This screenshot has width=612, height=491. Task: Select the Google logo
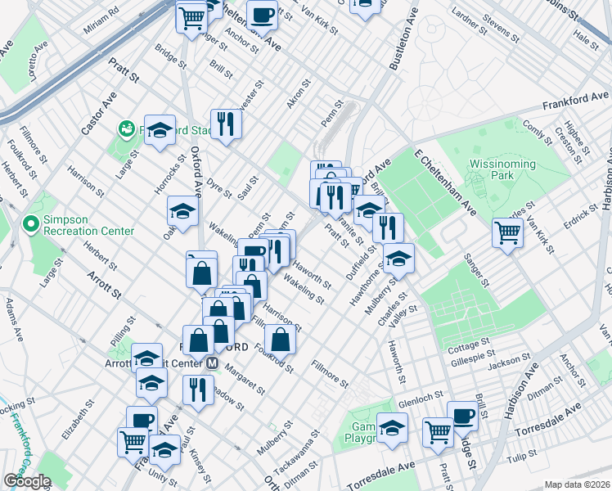coord(27,481)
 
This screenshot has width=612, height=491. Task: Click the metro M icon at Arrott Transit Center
coord(212,363)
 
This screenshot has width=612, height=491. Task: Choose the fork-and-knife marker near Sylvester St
coord(226,124)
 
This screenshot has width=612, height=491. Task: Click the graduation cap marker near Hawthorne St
coord(398,258)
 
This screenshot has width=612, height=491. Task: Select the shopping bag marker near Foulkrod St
coord(280,337)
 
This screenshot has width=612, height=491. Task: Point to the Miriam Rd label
coord(101,21)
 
